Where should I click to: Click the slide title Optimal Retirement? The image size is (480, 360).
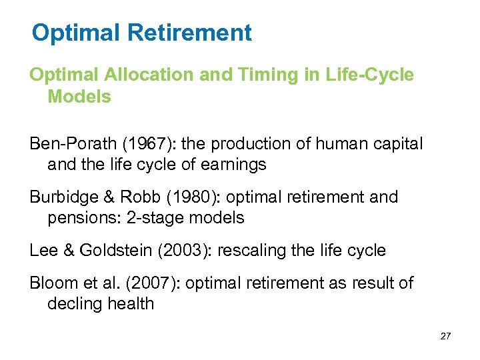[x=141, y=32]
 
